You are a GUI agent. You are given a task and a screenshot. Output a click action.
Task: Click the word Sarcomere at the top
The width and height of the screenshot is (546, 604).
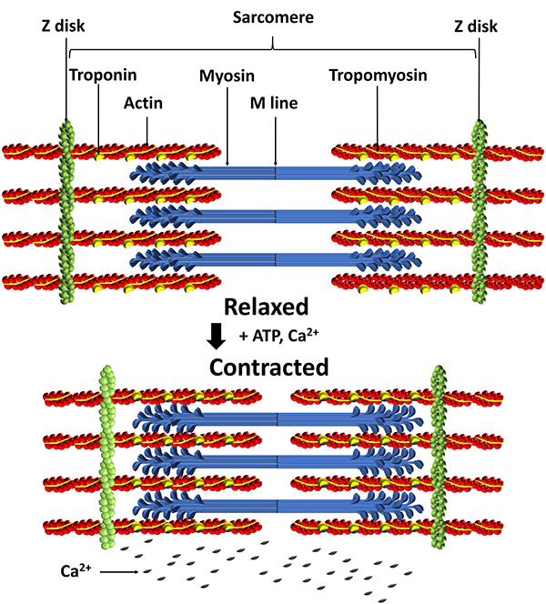272,15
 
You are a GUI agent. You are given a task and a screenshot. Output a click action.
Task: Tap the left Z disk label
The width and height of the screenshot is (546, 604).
66,26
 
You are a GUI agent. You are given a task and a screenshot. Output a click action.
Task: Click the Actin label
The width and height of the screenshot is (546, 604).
143,103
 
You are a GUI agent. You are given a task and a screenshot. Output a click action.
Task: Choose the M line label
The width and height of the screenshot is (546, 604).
275,103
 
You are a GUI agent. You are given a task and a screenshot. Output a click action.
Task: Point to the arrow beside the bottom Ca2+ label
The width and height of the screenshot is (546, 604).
120,572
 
